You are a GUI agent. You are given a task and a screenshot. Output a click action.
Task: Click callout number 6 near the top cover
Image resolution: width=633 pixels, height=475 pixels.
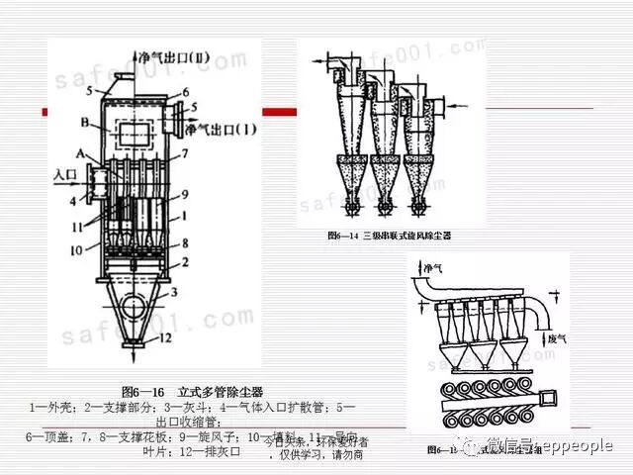(x=184, y=91)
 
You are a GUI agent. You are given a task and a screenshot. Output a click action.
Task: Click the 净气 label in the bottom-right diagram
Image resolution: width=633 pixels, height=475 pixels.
(x=432, y=268)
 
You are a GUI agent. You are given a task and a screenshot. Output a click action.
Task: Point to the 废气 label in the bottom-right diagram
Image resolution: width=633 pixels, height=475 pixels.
(x=557, y=338)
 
